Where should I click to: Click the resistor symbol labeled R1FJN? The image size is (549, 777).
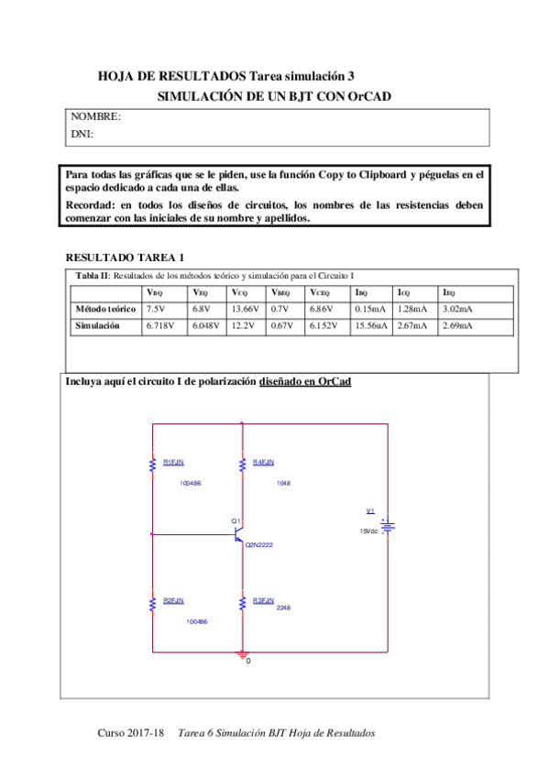pos(152,465)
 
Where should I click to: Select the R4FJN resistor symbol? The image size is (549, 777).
pos(241,465)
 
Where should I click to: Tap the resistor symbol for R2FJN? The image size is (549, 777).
pos(152,603)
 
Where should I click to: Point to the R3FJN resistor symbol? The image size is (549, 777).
pos(241,603)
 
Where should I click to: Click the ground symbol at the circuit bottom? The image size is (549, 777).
pos(242,653)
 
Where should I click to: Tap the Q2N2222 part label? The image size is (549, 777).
pos(259,545)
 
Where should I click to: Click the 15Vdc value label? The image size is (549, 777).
pos(368,531)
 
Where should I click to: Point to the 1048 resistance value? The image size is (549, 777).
pos(283,482)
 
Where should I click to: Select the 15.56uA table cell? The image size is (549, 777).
pos(370,325)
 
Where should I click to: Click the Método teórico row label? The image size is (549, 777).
pos(105,309)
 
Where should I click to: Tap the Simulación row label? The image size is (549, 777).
pos(97,325)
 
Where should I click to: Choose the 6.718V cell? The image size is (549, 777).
pos(159,325)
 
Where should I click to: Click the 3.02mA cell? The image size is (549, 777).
pos(457,309)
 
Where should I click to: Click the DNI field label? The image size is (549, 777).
pos(82,135)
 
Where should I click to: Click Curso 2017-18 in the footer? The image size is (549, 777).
pos(130,734)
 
